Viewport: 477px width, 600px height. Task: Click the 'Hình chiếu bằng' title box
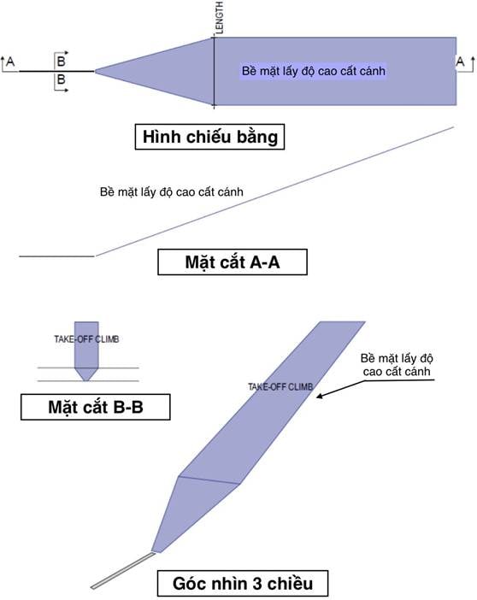[x=209, y=137]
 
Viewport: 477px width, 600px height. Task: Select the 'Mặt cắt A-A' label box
[x=233, y=262]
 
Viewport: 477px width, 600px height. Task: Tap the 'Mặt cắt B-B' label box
[x=96, y=407]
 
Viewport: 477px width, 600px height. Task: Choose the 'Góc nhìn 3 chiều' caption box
[x=243, y=583]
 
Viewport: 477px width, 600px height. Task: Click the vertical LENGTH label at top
[x=219, y=18]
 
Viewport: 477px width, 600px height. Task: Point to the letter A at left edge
[x=10, y=62]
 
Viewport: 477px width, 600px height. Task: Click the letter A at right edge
[x=460, y=62]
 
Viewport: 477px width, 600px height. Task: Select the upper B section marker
[x=61, y=62]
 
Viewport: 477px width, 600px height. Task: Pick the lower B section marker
[x=61, y=79]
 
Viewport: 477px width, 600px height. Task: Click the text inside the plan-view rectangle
[x=313, y=71]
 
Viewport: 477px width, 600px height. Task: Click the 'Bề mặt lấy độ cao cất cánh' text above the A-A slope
[x=171, y=191]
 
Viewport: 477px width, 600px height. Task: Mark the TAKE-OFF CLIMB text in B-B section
[x=86, y=339]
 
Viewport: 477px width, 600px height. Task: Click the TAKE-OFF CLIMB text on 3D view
[x=280, y=387]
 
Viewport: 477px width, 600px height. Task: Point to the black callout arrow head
[x=319, y=396]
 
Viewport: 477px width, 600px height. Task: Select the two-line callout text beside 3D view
[x=397, y=365]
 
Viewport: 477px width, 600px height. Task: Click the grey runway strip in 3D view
[x=123, y=571]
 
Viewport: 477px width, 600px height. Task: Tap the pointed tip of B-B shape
[x=86, y=380]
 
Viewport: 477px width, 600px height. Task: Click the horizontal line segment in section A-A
[x=56, y=256]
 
